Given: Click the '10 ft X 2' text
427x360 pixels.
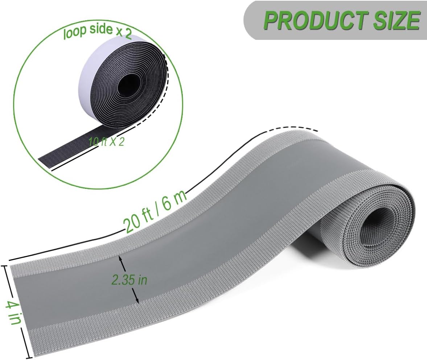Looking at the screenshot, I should (x=106, y=141).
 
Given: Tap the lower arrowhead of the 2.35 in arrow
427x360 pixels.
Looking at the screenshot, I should (x=137, y=302).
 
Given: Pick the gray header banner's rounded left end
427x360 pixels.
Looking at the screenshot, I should (x=250, y=20).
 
